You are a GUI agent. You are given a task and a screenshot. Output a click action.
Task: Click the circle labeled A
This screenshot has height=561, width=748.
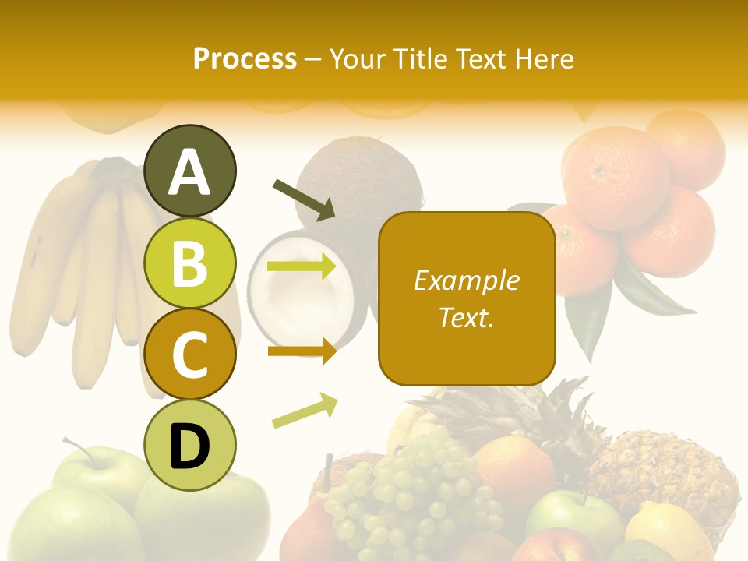[x=190, y=171]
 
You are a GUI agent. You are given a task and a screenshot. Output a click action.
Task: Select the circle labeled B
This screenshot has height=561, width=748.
[x=190, y=263]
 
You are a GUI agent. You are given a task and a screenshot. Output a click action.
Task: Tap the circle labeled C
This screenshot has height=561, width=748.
[x=190, y=354]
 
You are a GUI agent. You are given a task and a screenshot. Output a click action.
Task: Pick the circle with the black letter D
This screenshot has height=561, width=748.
[x=190, y=445]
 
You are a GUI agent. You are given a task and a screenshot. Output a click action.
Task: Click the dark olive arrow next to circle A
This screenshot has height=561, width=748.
[x=304, y=199]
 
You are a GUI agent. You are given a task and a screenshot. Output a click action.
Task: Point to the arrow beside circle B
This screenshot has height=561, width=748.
[x=302, y=266]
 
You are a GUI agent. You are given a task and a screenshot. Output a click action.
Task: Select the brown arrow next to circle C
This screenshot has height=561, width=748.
[x=302, y=351]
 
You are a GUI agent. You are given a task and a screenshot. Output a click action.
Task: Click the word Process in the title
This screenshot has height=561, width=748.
[x=245, y=58]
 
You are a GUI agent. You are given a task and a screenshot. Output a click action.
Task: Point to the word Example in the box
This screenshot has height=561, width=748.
[x=467, y=280]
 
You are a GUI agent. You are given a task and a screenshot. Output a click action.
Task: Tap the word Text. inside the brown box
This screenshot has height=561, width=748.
[x=467, y=317]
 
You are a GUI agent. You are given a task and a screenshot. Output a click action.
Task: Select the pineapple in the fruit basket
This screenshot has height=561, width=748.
[x=662, y=467]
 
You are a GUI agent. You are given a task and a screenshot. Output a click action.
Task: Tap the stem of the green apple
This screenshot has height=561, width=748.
[x=78, y=451]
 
